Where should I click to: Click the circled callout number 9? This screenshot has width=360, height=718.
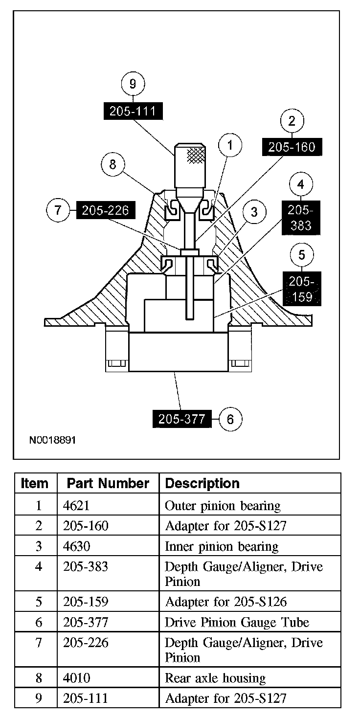tap(132, 84)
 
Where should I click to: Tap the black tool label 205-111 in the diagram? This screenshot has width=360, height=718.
tap(133, 112)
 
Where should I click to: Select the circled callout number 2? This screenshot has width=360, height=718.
tap(292, 121)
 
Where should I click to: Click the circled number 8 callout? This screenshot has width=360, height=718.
tap(113, 164)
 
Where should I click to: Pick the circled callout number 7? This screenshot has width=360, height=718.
tap(58, 211)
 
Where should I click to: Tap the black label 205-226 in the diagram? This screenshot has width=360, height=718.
tap(105, 211)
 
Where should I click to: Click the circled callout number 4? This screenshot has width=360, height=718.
tap(301, 185)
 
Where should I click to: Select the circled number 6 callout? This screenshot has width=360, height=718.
tap(231, 419)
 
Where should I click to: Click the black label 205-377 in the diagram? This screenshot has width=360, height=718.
tap(181, 419)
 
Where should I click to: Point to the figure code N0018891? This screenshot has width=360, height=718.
tap(52, 440)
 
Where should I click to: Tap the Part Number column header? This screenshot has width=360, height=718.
tap(108, 483)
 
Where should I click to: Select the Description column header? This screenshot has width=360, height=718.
tap(202, 483)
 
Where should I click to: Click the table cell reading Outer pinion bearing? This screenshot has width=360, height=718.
tap(223, 505)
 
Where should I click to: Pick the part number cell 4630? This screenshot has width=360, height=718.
tap(77, 546)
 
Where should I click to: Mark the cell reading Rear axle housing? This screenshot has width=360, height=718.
tap(215, 678)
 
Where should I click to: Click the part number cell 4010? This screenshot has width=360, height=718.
tap(77, 678)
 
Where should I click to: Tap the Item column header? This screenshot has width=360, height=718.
tap(35, 483)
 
